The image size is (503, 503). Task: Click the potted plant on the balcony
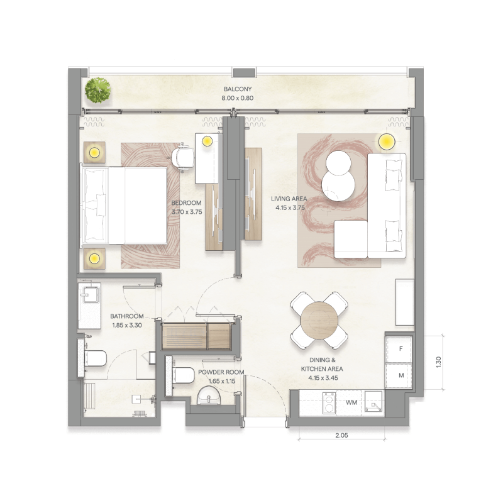(x=98, y=91)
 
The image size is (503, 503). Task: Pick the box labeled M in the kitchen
(x=400, y=375)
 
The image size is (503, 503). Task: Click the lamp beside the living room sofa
(x=385, y=141)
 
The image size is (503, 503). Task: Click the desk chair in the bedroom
(x=183, y=156)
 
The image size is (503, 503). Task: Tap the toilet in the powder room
(x=181, y=375)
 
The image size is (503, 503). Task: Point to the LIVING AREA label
(x=288, y=199)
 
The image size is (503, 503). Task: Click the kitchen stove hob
(x=328, y=402)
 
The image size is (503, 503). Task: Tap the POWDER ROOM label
(x=216, y=372)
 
